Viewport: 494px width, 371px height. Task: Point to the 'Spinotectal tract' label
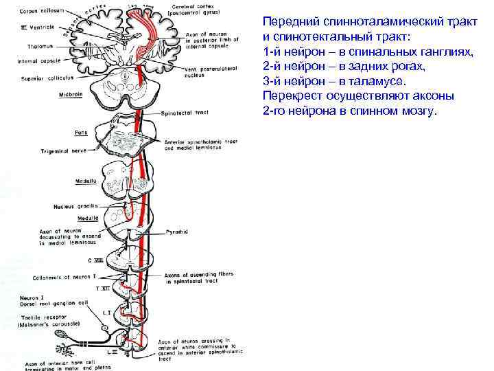pyautogui.click(x=183, y=113)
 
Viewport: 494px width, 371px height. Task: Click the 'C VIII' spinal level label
pyautogui.click(x=97, y=260)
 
